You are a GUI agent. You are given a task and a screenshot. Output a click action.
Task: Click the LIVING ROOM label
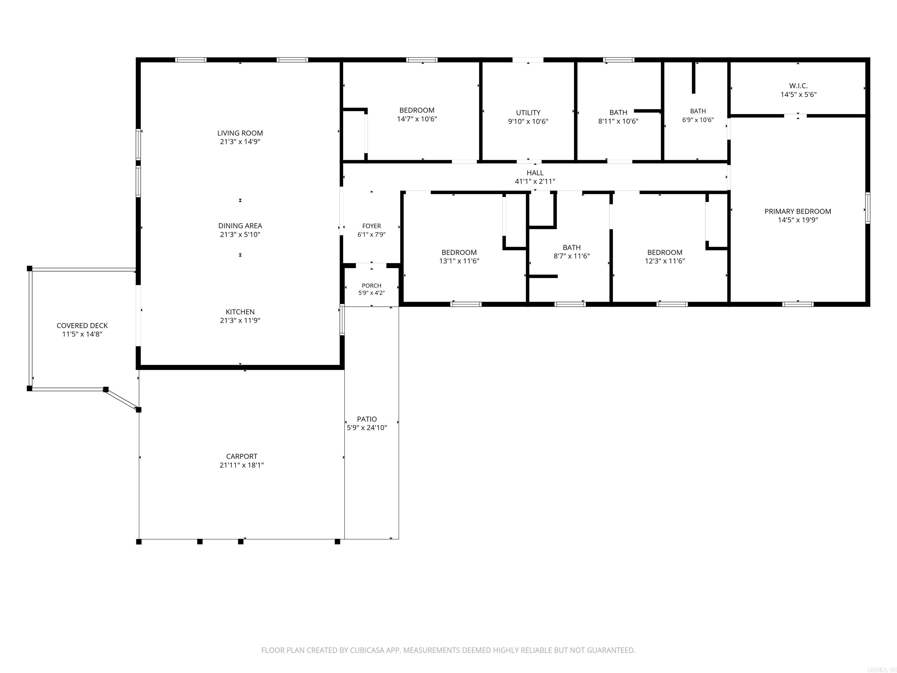pyautogui.click(x=240, y=133)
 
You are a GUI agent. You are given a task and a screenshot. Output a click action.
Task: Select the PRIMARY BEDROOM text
pyautogui.click(x=798, y=211)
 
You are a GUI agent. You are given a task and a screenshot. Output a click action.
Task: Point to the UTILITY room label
pyautogui.click(x=528, y=113)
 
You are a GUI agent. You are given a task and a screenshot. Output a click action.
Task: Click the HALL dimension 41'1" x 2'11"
pyautogui.click(x=535, y=182)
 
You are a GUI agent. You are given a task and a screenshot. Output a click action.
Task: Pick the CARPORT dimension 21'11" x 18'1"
pyautogui.click(x=242, y=465)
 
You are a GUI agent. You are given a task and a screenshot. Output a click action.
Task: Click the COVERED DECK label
pyautogui.click(x=82, y=326)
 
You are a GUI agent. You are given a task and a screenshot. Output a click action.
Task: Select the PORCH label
pyautogui.click(x=371, y=286)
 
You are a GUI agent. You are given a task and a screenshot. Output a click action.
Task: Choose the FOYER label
pyautogui.click(x=371, y=226)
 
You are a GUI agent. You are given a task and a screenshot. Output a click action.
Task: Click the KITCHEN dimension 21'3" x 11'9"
pyautogui.click(x=240, y=320)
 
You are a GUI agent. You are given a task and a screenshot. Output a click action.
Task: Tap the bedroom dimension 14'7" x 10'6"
pyautogui.click(x=417, y=119)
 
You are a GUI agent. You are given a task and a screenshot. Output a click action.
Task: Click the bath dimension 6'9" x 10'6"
pyautogui.click(x=698, y=120)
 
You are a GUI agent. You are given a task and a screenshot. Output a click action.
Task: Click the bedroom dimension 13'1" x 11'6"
pyautogui.click(x=459, y=261)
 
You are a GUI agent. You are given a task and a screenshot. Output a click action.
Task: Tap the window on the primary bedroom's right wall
pyautogui.click(x=868, y=208)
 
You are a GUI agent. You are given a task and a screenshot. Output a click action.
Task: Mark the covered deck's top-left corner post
pyautogui.click(x=29, y=268)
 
